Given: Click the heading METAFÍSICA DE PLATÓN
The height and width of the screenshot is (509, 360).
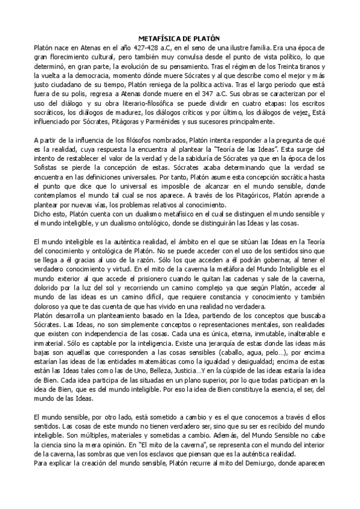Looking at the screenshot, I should click(175, 37).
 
